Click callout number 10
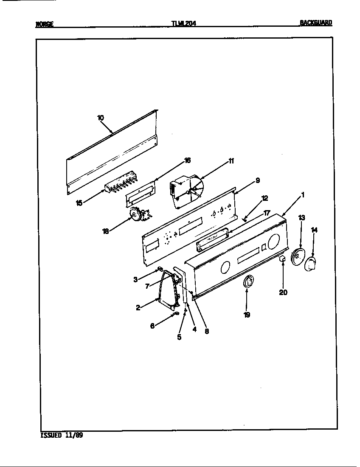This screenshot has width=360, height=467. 101,118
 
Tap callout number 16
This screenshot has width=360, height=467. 187,160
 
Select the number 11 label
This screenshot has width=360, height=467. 231,160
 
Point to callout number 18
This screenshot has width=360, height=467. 105,231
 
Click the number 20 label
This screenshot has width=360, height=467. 283,292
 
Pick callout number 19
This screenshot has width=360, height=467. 247,315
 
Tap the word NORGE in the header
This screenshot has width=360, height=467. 44,24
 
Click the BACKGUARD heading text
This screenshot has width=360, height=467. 316,23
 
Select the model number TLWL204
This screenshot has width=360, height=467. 183,24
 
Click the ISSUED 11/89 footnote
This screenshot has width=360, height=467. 62,435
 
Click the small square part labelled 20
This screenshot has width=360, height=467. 282,259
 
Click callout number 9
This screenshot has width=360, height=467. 257,180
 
